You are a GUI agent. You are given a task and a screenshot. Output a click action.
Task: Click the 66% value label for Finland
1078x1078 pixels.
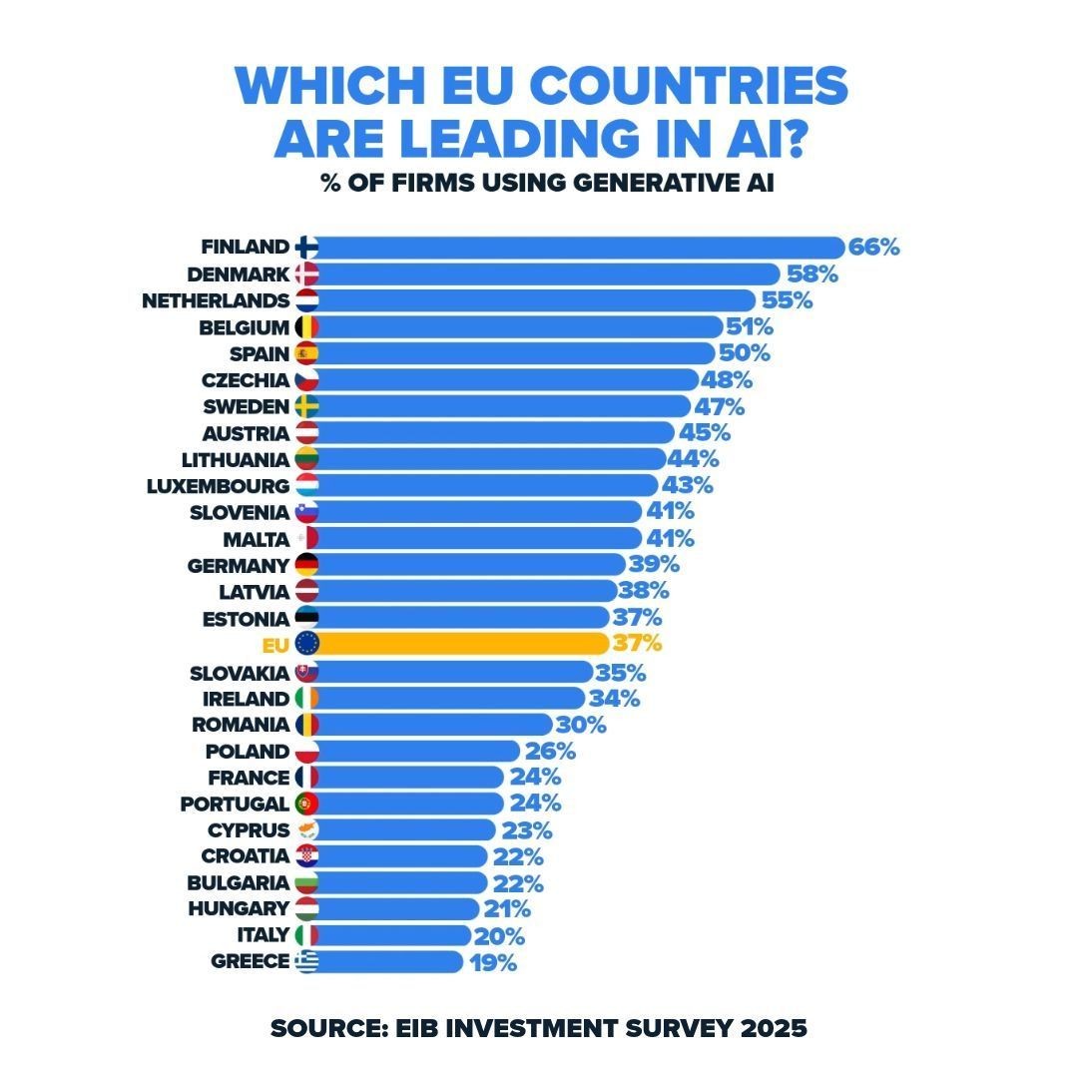click(874, 248)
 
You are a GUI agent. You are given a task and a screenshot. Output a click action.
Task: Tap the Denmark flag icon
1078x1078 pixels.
click(306, 274)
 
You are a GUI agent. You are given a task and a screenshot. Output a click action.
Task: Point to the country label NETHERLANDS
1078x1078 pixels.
click(216, 300)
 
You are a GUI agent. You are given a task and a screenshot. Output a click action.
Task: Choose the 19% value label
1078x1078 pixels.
click(492, 962)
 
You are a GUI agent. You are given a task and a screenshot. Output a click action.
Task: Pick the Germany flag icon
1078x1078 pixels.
click(306, 565)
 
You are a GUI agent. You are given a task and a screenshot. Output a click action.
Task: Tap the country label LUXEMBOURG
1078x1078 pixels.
click(218, 486)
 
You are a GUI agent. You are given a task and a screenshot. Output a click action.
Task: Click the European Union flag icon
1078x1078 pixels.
click(306, 644)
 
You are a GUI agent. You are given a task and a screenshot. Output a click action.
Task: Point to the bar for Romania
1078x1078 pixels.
click(435, 725)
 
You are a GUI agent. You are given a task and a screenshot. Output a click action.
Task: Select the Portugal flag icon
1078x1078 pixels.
click(306, 804)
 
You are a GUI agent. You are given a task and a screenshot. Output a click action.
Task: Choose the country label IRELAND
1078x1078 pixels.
click(246, 699)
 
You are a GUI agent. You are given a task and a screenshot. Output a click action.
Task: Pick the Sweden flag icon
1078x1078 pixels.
click(306, 406)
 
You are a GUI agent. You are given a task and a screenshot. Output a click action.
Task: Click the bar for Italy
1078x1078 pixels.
click(395, 935)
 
